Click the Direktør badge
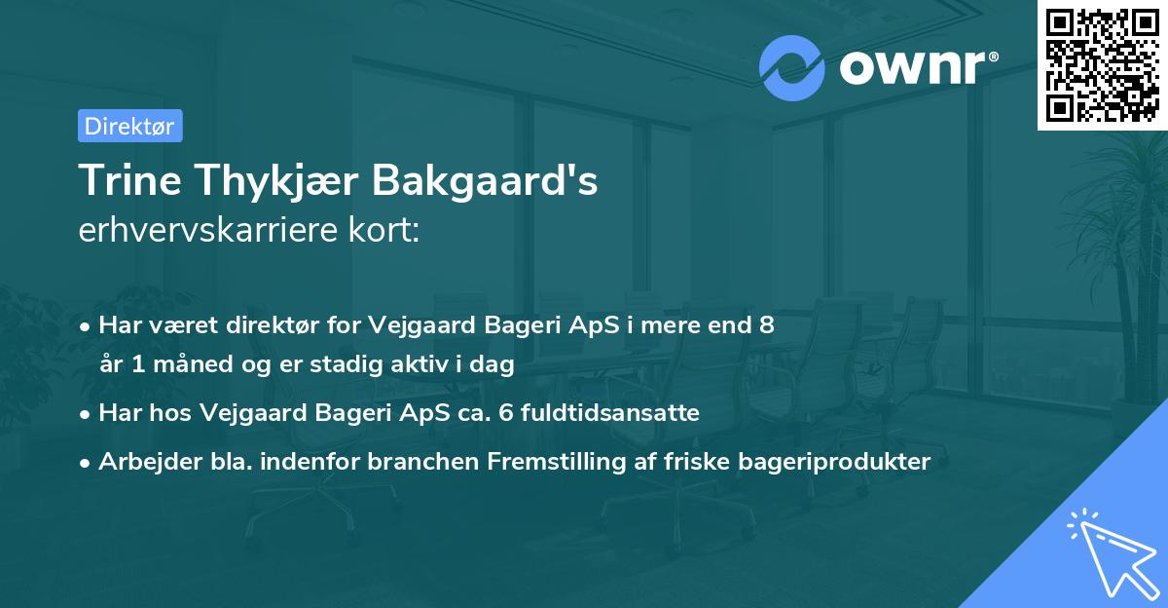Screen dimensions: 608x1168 tap(129, 126)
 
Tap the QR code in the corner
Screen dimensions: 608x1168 tap(1102, 64)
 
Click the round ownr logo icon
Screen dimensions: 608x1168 tap(792, 68)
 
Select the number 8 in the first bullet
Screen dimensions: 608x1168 tap(767, 325)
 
